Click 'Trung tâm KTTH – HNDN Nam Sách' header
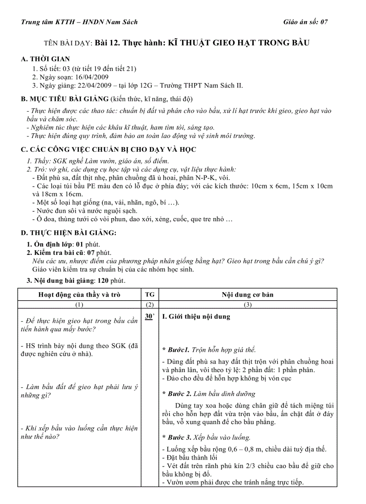(79, 22)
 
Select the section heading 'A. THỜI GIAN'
(45, 59)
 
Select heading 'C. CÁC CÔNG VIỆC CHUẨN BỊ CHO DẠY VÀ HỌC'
(109, 149)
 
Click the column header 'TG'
(149, 295)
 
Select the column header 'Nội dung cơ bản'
(247, 295)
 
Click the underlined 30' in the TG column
(149, 317)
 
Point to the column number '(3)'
(247, 304)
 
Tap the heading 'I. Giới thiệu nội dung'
(196, 317)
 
